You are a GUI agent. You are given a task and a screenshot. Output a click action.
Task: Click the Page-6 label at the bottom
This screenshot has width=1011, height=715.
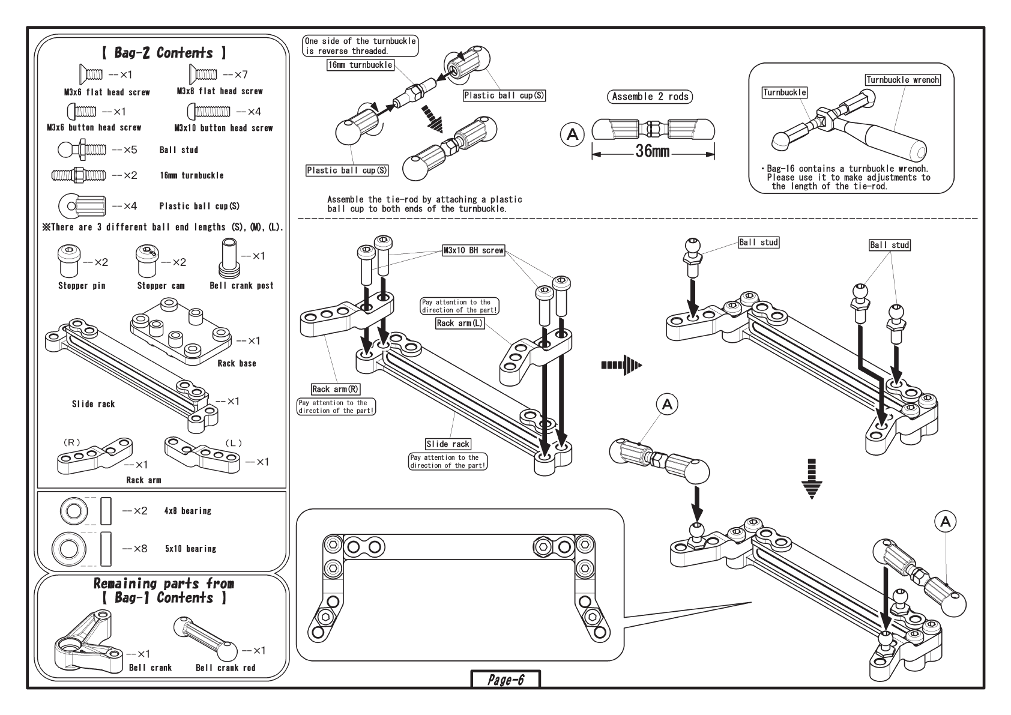click(505, 680)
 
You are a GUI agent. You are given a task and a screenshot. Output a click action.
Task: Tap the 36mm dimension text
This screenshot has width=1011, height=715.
click(652, 151)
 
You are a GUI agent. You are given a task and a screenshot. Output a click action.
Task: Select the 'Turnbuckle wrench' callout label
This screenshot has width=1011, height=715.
click(902, 80)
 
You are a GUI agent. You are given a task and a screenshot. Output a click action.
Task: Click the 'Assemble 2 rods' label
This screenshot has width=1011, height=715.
click(650, 97)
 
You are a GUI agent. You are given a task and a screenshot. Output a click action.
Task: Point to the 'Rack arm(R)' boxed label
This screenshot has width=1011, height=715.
click(336, 390)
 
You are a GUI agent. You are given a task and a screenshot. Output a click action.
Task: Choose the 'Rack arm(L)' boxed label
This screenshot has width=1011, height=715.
click(460, 323)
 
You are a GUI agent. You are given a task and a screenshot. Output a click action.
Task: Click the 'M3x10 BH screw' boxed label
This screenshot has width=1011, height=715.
click(473, 250)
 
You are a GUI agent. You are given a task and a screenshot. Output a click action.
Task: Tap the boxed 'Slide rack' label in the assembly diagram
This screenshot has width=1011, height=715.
click(448, 444)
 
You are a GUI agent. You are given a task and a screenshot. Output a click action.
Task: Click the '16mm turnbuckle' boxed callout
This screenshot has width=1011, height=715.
click(360, 65)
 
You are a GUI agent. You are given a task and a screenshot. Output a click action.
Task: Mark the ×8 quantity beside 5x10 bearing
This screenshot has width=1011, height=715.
click(134, 549)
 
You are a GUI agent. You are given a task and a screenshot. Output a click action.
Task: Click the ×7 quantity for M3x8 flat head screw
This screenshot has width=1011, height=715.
click(235, 75)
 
